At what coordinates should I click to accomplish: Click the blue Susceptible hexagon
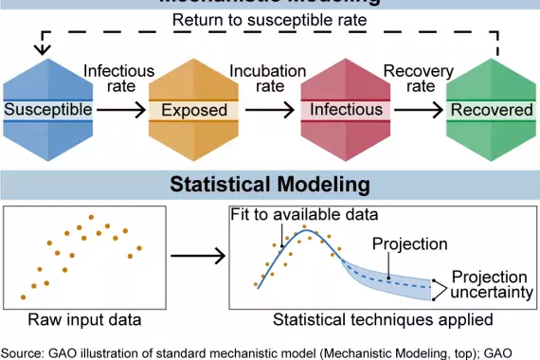pyautogui.click(x=48, y=110)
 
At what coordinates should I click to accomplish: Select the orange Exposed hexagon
pyautogui.click(x=194, y=110)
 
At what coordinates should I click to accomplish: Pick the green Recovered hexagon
pyautogui.click(x=492, y=110)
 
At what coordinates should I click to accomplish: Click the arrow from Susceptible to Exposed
pyautogui.click(x=120, y=110)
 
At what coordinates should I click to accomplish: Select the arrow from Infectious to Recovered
pyautogui.click(x=417, y=110)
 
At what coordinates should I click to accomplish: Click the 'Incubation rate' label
pyautogui.click(x=268, y=79)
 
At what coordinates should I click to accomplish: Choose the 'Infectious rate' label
pyautogui.click(x=118, y=79)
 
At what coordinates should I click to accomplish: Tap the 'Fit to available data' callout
pyautogui.click(x=304, y=214)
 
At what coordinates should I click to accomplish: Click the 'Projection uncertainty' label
pyautogui.click(x=489, y=284)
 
